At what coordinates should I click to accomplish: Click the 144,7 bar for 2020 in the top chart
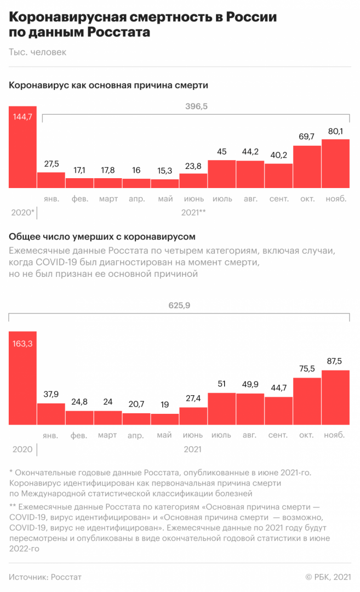[22, 148]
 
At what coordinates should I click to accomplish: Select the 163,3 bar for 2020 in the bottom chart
[22, 378]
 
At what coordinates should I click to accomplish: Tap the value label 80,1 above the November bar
[335, 132]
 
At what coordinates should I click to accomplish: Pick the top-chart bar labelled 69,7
[307, 167]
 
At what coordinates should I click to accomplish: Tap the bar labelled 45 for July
[221, 174]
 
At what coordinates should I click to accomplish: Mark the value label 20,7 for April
[136, 405]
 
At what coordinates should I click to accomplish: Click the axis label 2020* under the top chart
[22, 212]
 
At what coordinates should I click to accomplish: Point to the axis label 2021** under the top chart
[193, 212]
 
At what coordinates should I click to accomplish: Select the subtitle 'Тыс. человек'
[37, 52]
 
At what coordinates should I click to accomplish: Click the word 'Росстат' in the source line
[66, 577]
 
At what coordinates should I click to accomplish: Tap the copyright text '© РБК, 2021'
[327, 577]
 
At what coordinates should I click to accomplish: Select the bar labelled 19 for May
[165, 419]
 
